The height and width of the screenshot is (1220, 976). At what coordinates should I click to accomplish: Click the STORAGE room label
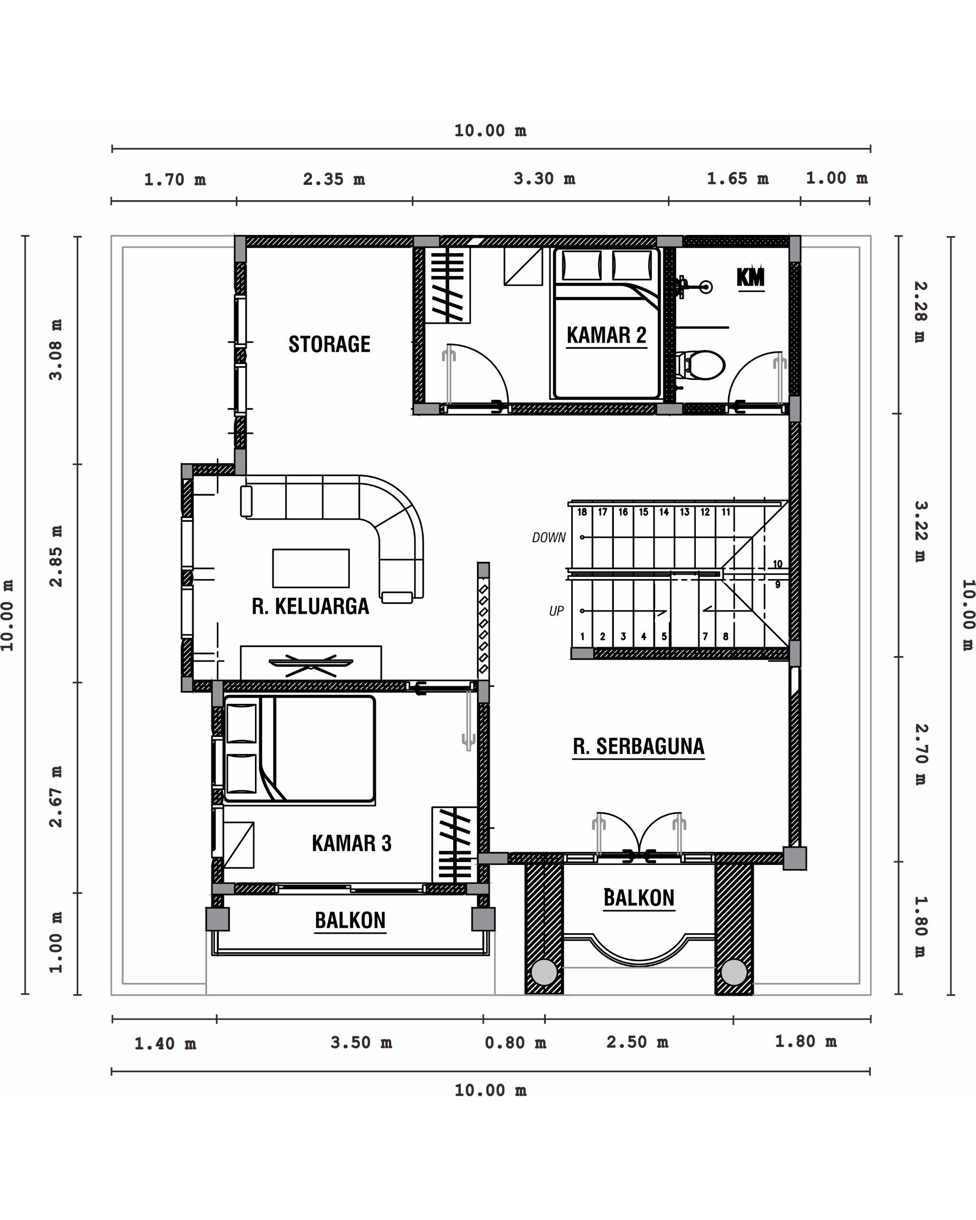pyautogui.click(x=329, y=344)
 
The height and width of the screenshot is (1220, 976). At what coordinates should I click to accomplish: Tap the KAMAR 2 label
pyautogui.click(x=607, y=335)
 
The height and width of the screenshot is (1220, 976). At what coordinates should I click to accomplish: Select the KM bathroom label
pyautogui.click(x=751, y=277)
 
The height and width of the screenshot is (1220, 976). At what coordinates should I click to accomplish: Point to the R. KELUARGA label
pyautogui.click(x=310, y=606)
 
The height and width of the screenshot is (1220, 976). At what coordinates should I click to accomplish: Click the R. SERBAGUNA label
pyautogui.click(x=639, y=746)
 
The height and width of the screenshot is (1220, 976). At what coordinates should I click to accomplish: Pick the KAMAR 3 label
pyautogui.click(x=351, y=843)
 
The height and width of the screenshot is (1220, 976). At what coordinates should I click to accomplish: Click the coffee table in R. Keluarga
pyautogui.click(x=311, y=568)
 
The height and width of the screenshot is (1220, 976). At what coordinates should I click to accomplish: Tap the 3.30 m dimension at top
pyautogui.click(x=544, y=179)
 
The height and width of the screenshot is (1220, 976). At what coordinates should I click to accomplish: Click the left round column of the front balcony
pyautogui.click(x=544, y=972)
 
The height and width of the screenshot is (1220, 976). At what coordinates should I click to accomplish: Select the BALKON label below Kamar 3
pyautogui.click(x=350, y=920)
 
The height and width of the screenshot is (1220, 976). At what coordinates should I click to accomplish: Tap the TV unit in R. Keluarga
pyautogui.click(x=311, y=662)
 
